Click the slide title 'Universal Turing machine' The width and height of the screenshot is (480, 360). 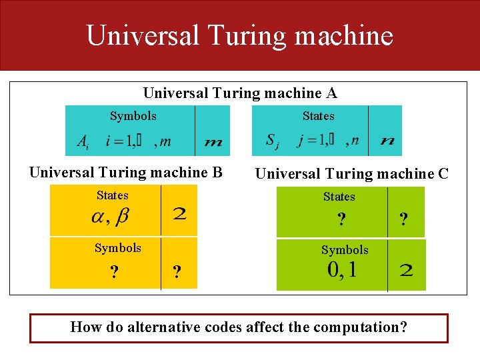(239, 35)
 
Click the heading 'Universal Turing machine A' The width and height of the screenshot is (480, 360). (240, 93)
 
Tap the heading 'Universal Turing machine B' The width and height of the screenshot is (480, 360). (125, 172)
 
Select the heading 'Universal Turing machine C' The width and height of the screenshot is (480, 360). (352, 174)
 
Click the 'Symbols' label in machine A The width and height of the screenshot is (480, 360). (133, 116)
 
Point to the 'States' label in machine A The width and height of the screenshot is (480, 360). (318, 116)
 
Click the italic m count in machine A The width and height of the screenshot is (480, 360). (213, 142)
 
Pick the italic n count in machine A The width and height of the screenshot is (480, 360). (387, 141)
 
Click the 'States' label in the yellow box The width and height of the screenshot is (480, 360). (112, 195)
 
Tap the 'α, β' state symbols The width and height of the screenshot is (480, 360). (109, 216)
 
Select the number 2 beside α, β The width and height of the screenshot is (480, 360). (179, 215)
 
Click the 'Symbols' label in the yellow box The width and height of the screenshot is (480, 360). (117, 248)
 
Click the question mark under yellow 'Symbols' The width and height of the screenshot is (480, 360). (115, 272)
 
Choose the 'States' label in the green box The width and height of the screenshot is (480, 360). (339, 197)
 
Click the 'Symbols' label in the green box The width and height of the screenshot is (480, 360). (345, 250)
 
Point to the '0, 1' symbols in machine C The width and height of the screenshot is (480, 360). (341, 270)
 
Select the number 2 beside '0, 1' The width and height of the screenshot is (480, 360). (406, 271)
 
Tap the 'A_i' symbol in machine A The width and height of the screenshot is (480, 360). (83, 141)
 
